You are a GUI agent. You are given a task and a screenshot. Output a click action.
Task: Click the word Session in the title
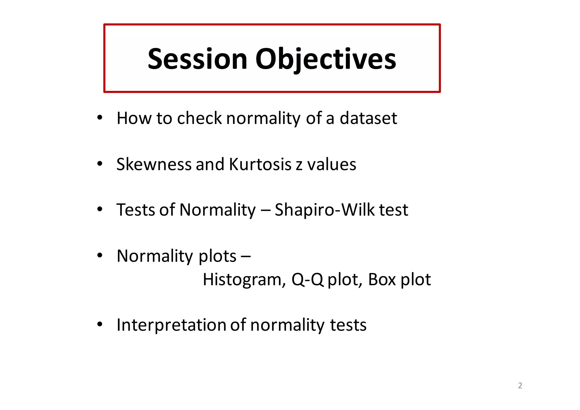click(197, 59)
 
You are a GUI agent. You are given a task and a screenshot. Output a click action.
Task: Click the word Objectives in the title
click(325, 59)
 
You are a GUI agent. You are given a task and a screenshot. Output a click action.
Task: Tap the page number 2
click(520, 385)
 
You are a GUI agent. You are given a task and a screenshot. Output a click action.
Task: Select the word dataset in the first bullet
click(368, 118)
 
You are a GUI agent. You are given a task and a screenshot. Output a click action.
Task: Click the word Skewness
click(154, 164)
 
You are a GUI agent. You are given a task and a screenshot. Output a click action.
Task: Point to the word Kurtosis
click(260, 164)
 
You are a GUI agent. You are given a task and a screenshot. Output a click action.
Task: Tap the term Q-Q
click(307, 280)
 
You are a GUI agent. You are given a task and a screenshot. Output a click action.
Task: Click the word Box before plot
click(382, 280)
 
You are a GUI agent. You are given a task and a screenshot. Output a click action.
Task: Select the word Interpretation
click(171, 325)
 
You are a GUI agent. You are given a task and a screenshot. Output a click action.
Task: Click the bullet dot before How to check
click(99, 118)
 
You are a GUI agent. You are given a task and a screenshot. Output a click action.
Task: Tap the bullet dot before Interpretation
click(99, 324)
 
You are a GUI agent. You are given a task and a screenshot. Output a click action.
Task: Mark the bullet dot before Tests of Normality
click(99, 210)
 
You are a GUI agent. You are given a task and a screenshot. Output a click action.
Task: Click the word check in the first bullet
click(199, 118)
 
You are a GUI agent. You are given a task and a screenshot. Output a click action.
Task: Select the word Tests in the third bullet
click(135, 210)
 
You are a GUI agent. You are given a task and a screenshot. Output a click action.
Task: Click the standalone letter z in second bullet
click(299, 165)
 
